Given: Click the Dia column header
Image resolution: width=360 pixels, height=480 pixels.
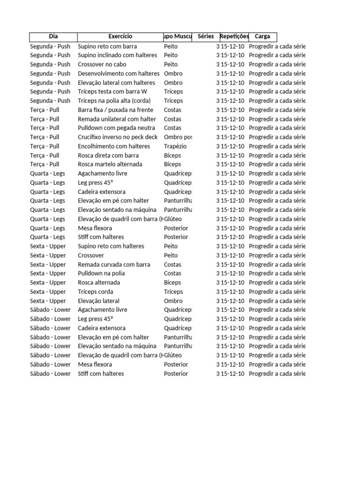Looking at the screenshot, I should pos(53,37).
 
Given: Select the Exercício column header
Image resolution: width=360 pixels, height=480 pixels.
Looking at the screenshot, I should pos(120,37).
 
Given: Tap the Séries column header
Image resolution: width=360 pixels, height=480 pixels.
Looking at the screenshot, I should pos(206,37).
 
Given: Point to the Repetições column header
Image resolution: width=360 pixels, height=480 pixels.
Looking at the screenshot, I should pos(234,37).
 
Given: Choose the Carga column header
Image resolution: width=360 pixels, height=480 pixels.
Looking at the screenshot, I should pos(262,37).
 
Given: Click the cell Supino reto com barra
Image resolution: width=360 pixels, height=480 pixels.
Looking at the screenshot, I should pos(107,46).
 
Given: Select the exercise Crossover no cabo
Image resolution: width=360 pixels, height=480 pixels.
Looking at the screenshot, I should pos(102,65).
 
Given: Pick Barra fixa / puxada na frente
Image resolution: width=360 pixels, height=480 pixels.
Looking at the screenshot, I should pos(115,110).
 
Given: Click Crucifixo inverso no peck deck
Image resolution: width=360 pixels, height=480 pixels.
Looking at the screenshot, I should pos(118,137).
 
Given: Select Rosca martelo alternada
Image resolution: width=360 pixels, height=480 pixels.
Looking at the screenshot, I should pos(110,165).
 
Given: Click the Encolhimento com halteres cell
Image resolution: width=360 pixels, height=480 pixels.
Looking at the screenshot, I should pos(114,146).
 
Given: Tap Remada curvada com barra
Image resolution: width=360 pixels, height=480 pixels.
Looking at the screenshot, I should pos(114,265).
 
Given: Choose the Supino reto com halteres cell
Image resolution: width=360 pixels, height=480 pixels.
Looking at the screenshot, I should pos(111,247).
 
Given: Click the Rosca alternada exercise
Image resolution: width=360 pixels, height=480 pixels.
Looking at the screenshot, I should pos(99,283).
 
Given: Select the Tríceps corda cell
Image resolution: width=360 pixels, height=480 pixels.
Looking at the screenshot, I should pos(96,292).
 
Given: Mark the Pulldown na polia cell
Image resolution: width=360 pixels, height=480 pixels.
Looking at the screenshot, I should pos(101,274).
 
